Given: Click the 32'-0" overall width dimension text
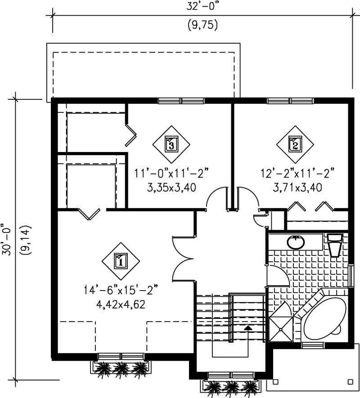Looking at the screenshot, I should (202, 6).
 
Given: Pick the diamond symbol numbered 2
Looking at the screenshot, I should (295, 144).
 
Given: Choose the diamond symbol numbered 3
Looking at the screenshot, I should (171, 144).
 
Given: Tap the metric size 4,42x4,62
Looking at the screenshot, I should (121, 304).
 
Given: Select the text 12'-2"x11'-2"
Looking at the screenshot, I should (297, 173).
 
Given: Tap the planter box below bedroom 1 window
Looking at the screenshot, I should (121, 368).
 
